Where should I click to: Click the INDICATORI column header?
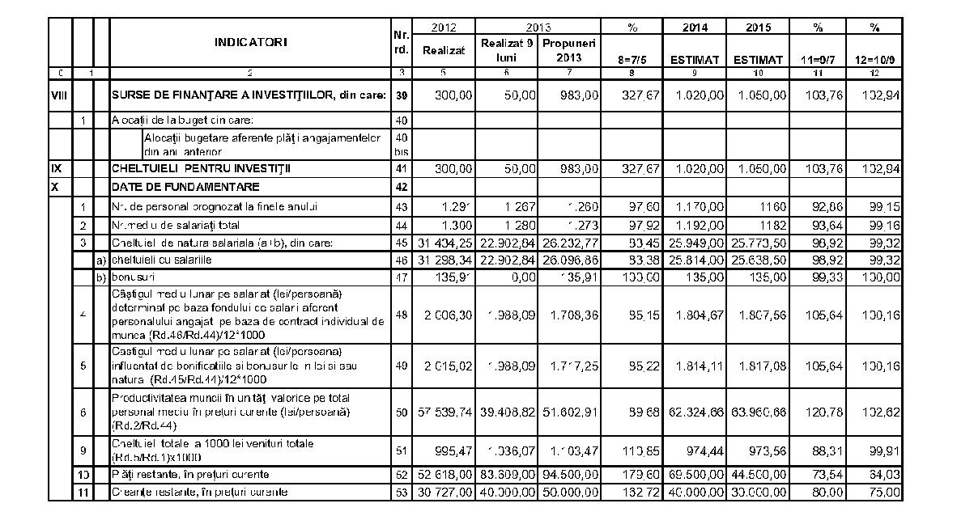pos(251,41)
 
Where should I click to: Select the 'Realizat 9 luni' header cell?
pos(507,50)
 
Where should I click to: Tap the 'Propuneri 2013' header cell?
pos(569,50)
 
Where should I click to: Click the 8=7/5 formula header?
pos(632,59)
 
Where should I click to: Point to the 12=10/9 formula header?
pos(874,59)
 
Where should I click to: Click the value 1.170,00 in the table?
pos(695,206)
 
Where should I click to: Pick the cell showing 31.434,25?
pos(444,243)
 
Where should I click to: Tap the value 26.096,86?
pos(569,260)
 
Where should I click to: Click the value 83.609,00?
pos(507,473)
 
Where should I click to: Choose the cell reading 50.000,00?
pos(569,492)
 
